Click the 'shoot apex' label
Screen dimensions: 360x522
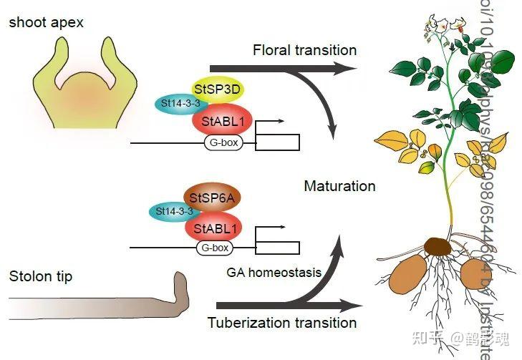click(x=46, y=22)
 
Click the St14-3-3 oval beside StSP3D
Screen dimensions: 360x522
click(x=177, y=104)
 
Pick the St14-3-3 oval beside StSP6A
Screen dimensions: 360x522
click(x=169, y=211)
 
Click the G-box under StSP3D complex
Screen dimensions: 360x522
click(x=222, y=143)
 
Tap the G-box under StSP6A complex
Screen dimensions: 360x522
click(x=215, y=248)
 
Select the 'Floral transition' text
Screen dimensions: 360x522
click(x=304, y=50)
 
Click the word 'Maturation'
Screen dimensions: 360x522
click(x=339, y=186)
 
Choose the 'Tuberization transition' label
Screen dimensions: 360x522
click(x=282, y=322)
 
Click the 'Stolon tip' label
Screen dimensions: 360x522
click(x=41, y=276)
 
